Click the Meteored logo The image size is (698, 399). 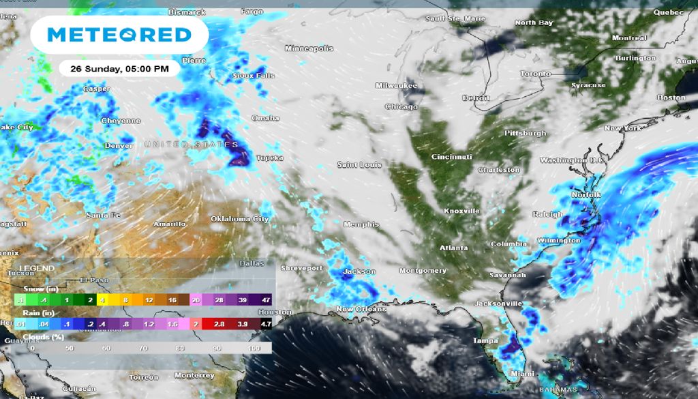coord(119,34)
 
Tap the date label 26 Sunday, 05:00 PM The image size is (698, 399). coord(119,69)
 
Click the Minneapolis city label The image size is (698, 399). coord(309,48)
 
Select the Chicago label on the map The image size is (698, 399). coord(401,107)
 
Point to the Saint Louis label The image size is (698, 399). coord(359,165)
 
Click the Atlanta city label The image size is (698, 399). coord(453,248)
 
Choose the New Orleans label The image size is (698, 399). coord(361,310)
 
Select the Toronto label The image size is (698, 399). coord(535,74)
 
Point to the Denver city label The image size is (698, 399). coord(119,146)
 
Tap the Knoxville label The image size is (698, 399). coord(461,211)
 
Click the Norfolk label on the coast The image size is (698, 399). coord(586,195)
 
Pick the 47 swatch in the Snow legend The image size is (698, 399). coord(265,299)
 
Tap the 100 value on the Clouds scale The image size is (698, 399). coord(255,348)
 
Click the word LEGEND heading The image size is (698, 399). coord(37,269)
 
